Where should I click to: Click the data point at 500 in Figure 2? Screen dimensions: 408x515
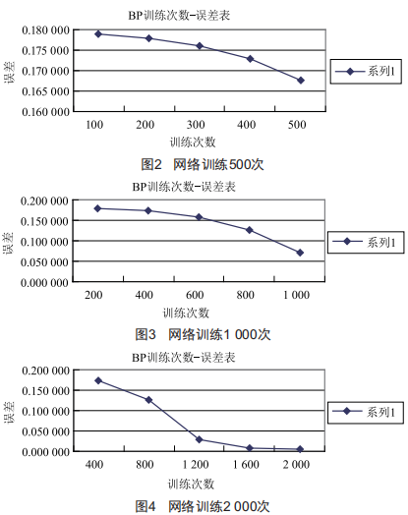[301, 81]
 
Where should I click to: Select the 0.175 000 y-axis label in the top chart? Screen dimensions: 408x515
[45, 50]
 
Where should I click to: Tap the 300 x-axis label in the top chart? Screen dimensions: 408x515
[196, 125]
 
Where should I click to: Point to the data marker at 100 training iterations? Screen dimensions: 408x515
[98, 33]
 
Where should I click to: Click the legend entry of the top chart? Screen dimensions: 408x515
[366, 72]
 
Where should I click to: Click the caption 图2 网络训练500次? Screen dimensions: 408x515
[203, 164]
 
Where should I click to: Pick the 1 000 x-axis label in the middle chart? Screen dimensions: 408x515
[296, 295]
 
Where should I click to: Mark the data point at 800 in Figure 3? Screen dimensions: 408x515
[250, 230]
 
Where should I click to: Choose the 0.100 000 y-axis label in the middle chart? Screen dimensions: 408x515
[44, 242]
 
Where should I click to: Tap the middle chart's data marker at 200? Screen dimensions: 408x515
[97, 208]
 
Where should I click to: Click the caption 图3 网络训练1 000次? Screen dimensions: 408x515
[203, 334]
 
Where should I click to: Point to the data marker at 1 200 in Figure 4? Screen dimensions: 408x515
[199, 439]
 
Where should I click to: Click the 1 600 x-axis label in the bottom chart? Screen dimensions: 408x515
[246, 465]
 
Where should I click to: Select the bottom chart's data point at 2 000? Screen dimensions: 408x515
[300, 449]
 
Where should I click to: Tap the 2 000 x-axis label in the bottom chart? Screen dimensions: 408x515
[296, 465]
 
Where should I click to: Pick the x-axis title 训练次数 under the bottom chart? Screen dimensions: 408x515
[191, 484]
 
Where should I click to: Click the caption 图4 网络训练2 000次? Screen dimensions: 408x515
[203, 506]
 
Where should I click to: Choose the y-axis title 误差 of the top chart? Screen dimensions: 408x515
[10, 73]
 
